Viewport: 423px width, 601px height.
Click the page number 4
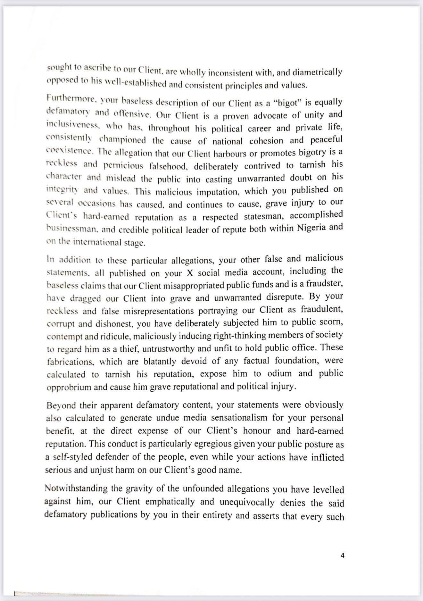coord(343,556)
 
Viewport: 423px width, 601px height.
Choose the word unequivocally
coord(247,502)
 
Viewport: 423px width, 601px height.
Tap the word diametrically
coord(316,72)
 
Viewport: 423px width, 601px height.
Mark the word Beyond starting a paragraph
coord(61,405)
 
